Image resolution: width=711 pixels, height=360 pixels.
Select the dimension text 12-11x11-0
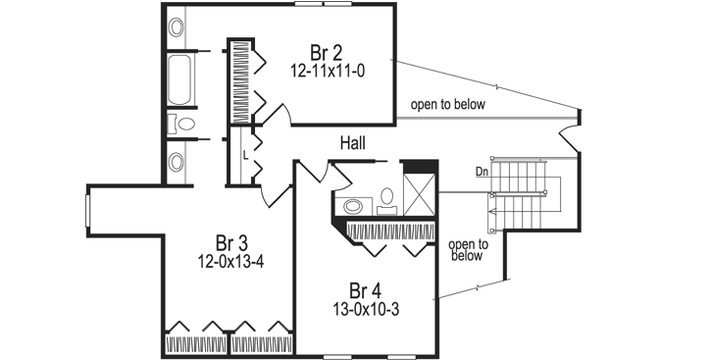click(327, 72)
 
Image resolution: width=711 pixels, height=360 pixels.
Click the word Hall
click(353, 143)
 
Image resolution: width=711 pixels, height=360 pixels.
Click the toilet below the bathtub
click(180, 124)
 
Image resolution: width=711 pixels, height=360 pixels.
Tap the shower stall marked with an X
click(422, 193)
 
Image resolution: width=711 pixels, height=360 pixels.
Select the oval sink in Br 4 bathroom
click(353, 207)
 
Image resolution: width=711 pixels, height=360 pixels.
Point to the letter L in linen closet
click(244, 155)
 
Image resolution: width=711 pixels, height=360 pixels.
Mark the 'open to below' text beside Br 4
click(466, 250)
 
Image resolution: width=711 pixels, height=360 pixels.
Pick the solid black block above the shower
click(420, 167)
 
